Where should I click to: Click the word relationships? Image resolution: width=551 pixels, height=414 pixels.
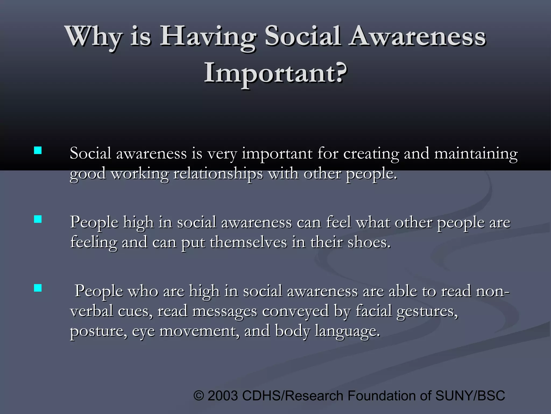[x=218, y=174]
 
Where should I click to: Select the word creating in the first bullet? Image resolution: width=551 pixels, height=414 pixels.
[x=371, y=154]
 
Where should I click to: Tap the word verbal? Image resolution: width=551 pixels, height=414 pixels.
[x=91, y=311]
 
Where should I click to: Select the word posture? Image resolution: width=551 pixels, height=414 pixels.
[x=98, y=331]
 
